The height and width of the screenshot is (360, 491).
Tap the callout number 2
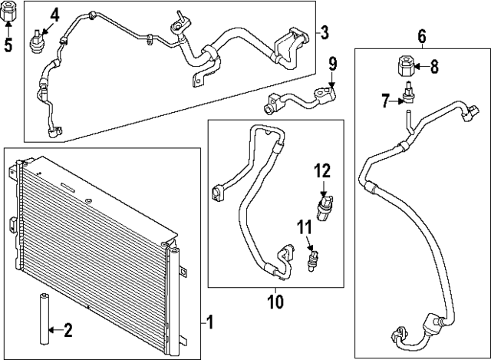[68, 331]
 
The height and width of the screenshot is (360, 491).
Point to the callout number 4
[54, 15]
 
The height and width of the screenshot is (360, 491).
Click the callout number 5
[8, 45]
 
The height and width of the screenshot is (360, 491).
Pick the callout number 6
[421, 35]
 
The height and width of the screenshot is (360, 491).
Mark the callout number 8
[433, 67]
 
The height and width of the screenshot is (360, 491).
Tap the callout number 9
[332, 63]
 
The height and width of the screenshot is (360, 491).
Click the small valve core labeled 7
[411, 94]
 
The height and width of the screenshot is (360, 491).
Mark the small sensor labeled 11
[312, 259]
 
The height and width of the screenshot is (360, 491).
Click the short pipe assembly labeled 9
[299, 97]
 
